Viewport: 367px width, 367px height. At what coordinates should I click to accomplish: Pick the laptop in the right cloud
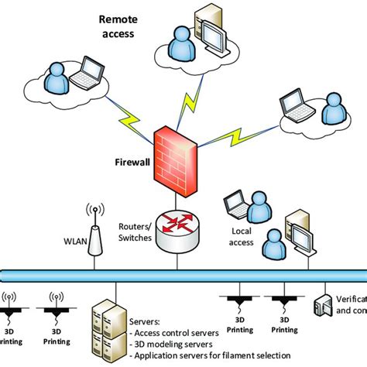(x=293, y=103)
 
